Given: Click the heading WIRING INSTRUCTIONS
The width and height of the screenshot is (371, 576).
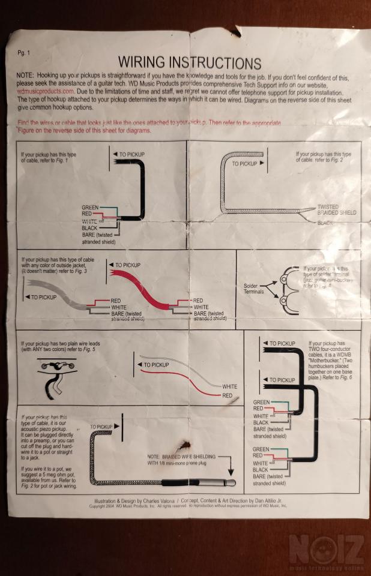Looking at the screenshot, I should coord(189,62).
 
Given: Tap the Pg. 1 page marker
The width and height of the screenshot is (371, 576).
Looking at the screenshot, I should coord(25,53).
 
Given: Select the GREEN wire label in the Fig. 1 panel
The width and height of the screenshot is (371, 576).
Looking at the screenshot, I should coord(90,208).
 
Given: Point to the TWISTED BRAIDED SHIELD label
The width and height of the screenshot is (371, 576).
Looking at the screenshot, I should coord(336,210).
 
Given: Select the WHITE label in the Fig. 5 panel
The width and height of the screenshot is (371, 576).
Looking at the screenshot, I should coord(231,386).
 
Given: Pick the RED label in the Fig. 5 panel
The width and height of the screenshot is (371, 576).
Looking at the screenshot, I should coord(227,395).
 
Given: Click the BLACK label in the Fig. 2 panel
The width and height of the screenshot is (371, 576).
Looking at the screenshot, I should coord(325,222).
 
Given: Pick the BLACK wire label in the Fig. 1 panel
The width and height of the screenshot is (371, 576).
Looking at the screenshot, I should coord(89,229).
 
